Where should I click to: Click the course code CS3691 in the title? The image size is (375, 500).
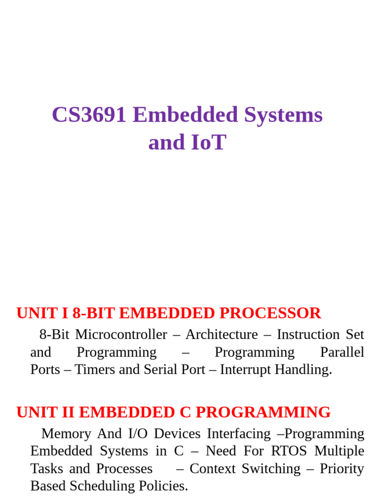[89, 115]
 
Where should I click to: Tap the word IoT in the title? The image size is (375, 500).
[207, 143]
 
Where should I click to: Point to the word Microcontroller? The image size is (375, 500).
[122, 334]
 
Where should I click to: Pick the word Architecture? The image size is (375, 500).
[221, 334]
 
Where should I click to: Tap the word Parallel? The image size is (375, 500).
[342, 352]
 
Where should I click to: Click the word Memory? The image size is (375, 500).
[66, 434]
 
